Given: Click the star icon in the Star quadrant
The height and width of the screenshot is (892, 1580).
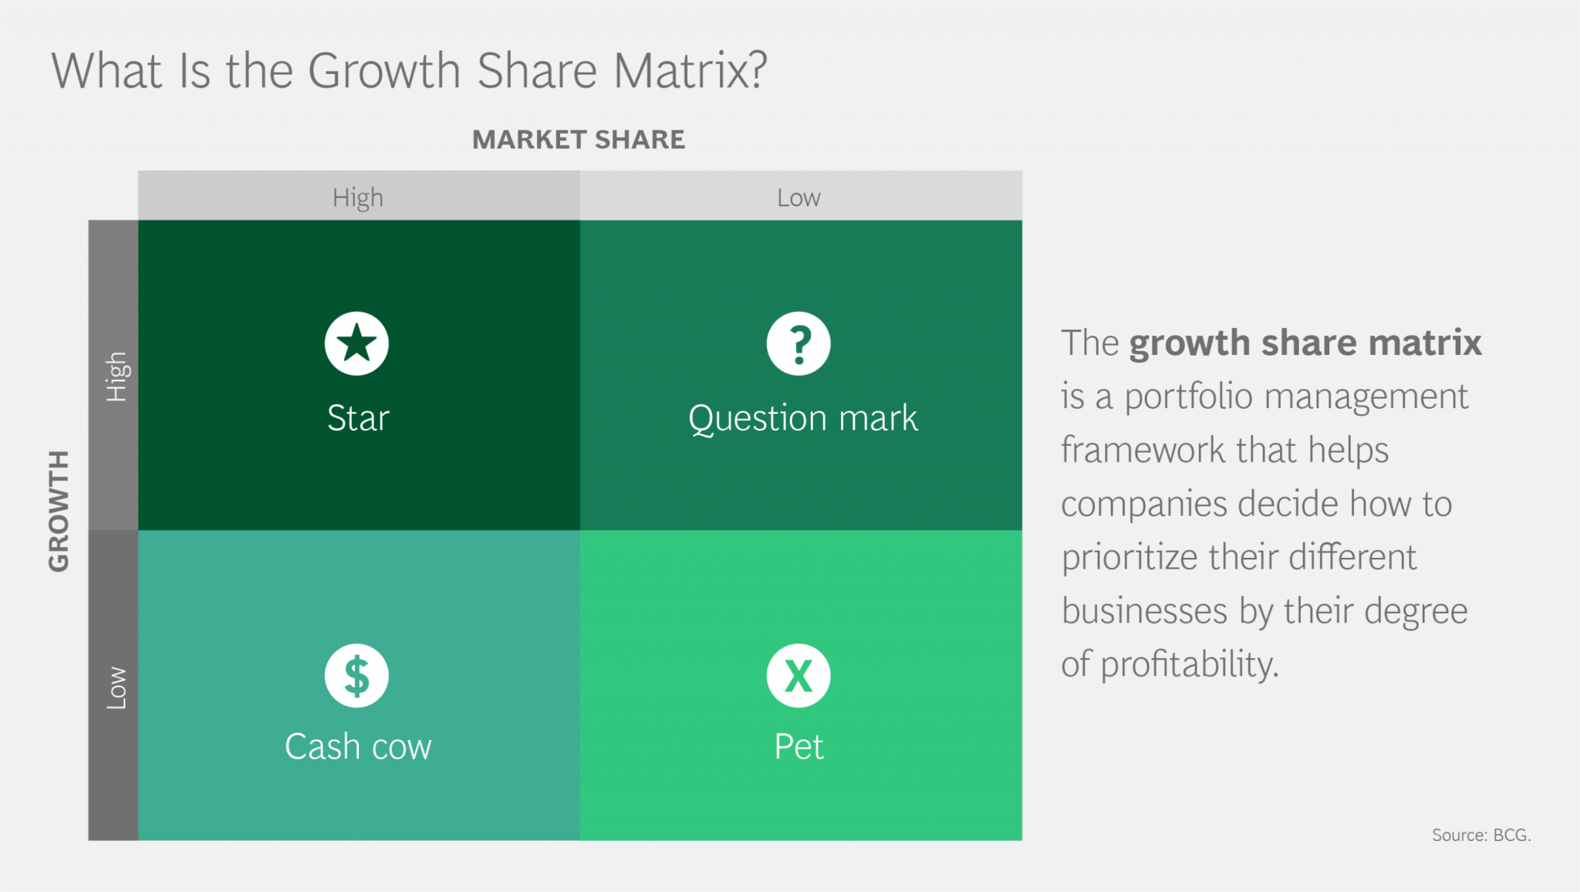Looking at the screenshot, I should pyautogui.click(x=356, y=343).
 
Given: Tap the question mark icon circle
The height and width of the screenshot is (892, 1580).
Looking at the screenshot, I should pyautogui.click(x=798, y=343).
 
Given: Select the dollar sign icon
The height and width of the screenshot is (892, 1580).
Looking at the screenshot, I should pyautogui.click(x=356, y=676).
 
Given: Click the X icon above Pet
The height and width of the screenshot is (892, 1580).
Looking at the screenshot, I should pyautogui.click(x=798, y=676).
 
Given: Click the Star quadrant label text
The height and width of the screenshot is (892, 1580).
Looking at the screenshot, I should pyautogui.click(x=358, y=418).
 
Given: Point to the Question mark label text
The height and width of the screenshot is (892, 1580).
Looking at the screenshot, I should pyautogui.click(x=802, y=419).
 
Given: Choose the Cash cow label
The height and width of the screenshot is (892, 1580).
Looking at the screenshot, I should pyautogui.click(x=358, y=747).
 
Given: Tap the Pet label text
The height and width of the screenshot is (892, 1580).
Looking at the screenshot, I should pyautogui.click(x=798, y=747).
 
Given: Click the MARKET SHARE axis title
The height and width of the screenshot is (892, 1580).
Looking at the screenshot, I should pyautogui.click(x=579, y=140).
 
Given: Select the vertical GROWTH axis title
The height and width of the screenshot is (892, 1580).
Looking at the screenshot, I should pyautogui.click(x=59, y=511).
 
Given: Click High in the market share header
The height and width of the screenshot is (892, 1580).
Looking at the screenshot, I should pyautogui.click(x=358, y=198).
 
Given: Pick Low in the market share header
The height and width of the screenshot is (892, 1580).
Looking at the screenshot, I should pyautogui.click(x=798, y=198).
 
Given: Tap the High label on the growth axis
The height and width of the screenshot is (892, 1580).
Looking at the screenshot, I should pyautogui.click(x=116, y=377).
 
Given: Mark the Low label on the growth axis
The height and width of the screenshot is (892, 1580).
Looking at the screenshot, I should pyautogui.click(x=116, y=688).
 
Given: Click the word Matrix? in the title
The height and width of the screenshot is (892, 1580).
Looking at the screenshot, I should pyautogui.click(x=690, y=71).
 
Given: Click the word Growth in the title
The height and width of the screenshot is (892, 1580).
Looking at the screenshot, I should pyautogui.click(x=384, y=71).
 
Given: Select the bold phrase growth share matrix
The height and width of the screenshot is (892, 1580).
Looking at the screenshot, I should pyautogui.click(x=1305, y=343).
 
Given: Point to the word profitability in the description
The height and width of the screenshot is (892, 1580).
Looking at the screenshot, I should pyautogui.click(x=1189, y=664).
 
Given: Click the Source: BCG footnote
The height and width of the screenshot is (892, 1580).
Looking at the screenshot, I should pyautogui.click(x=1481, y=835).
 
